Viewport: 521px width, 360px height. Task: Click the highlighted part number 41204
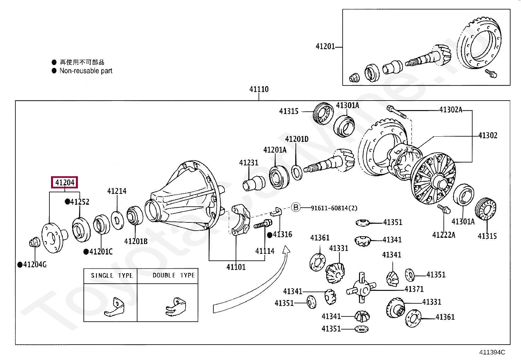click(64, 182)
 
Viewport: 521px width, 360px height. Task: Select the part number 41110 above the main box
click(259, 89)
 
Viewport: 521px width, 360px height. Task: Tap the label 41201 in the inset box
click(325, 47)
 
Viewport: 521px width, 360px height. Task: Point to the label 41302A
click(450, 110)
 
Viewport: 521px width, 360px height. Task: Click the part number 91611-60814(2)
click(334, 208)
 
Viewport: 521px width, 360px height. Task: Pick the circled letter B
click(296, 207)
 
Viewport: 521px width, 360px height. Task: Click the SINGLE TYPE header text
click(112, 275)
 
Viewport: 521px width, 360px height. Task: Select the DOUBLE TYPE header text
click(173, 275)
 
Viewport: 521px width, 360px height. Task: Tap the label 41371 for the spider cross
click(414, 289)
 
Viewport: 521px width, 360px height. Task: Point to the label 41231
click(248, 162)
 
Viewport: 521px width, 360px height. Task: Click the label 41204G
click(34, 264)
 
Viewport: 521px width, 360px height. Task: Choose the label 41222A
click(443, 235)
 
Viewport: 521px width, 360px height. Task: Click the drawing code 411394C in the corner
click(492, 352)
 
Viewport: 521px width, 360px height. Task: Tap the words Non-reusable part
click(86, 71)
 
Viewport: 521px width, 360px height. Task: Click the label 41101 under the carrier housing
click(236, 267)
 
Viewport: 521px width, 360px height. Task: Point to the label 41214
click(117, 191)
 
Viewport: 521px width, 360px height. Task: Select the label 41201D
click(296, 139)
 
